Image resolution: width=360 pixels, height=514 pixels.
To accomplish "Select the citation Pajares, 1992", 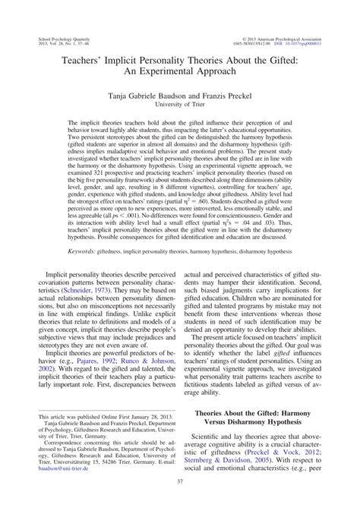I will point(85,374).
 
